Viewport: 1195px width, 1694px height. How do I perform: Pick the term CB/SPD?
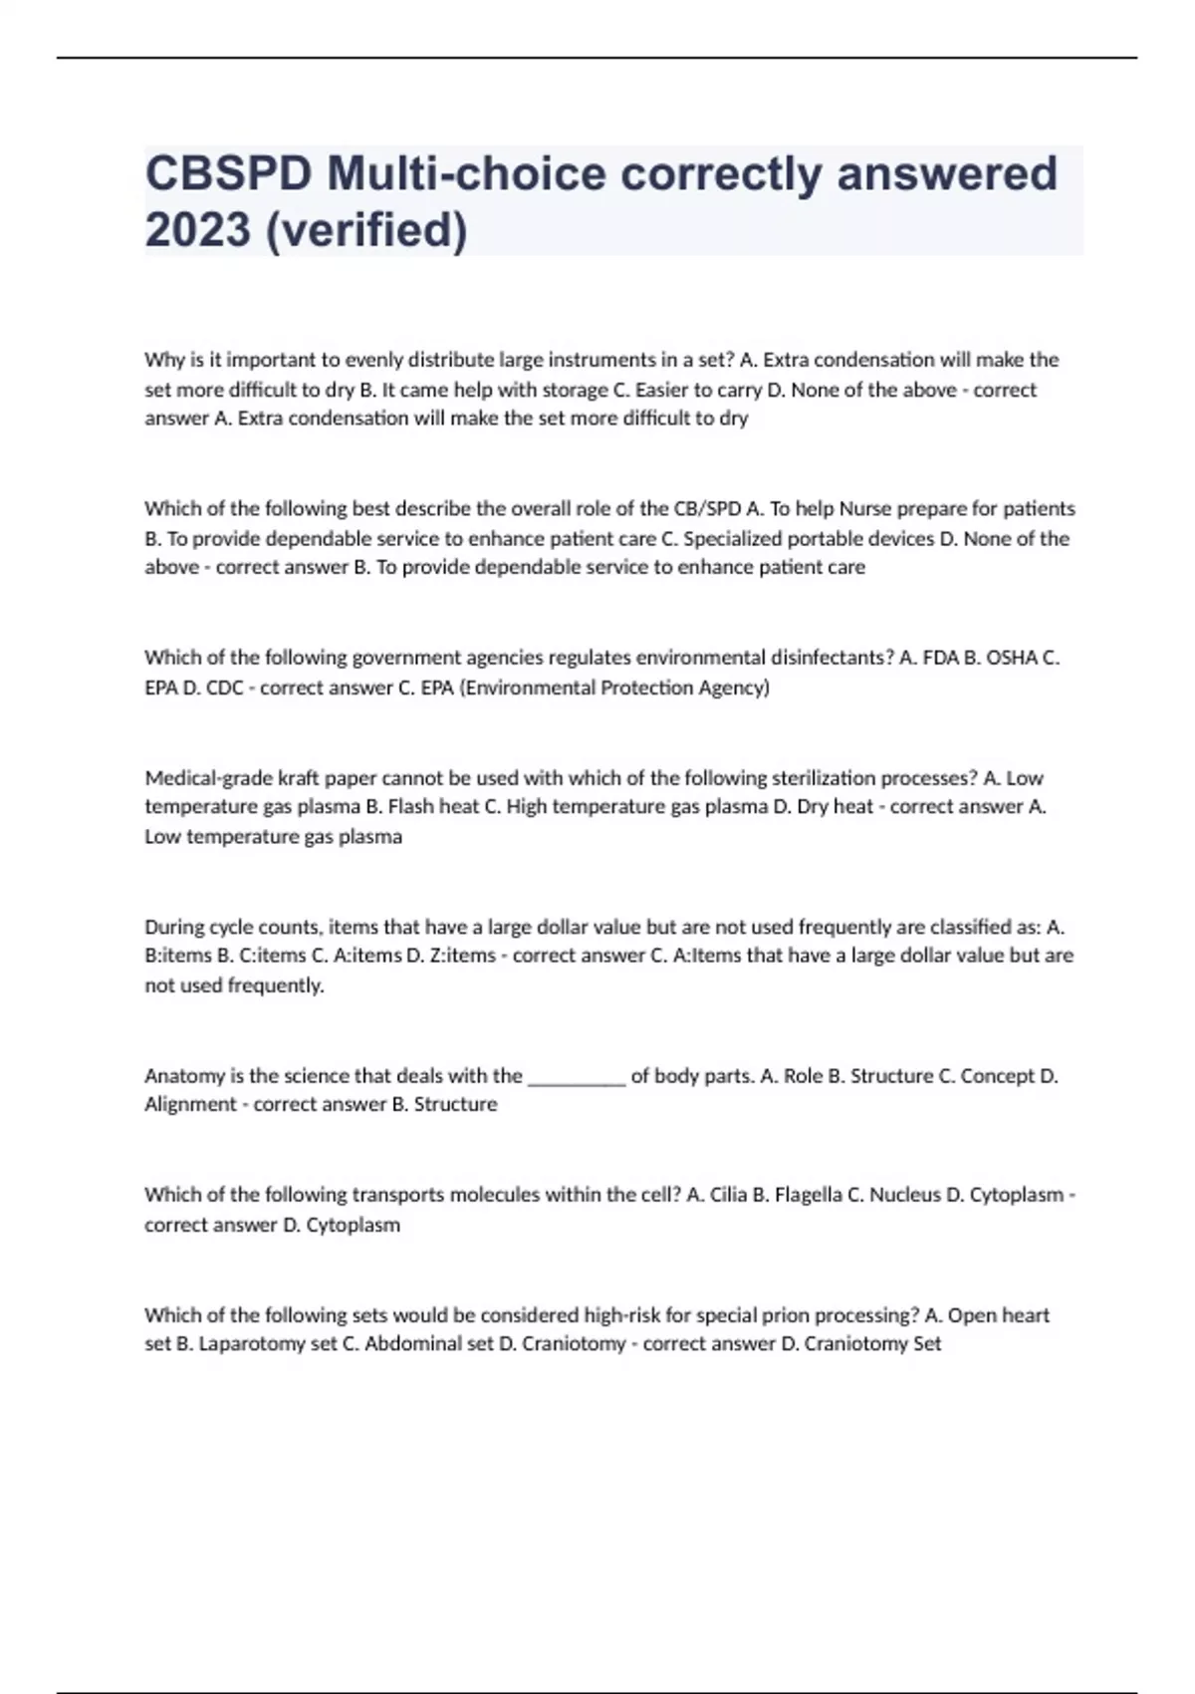707,509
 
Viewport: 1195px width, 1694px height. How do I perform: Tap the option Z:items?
464,956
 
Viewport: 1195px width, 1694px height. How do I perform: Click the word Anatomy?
183,1076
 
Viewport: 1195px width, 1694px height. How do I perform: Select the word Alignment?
190,1105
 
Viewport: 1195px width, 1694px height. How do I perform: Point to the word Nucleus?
904,1195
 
